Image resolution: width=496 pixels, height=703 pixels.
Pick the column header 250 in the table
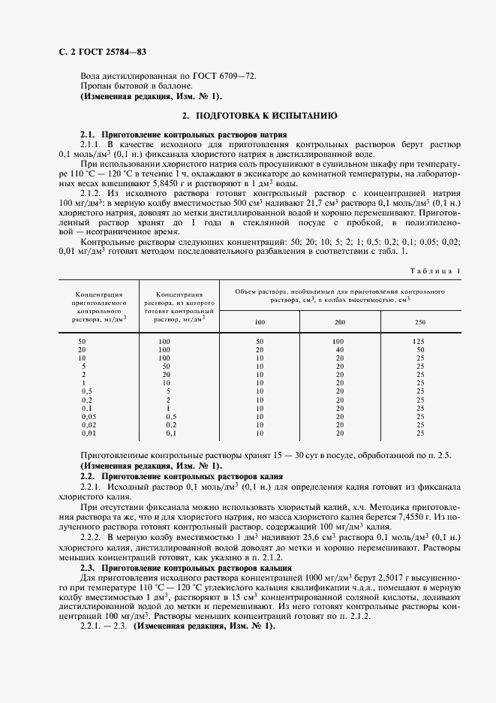[420, 321]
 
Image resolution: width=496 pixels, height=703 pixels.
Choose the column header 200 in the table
[340, 321]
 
